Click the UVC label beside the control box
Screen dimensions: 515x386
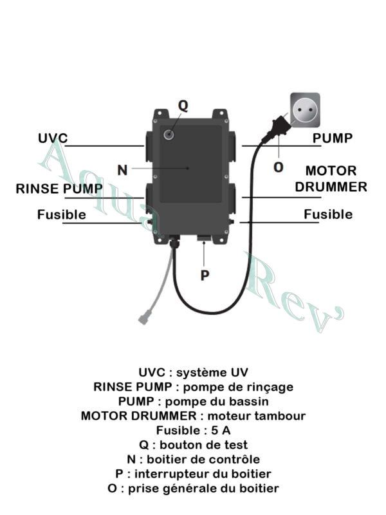(53, 138)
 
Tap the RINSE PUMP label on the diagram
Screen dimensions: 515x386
(59, 189)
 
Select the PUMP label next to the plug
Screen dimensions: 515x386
(333, 138)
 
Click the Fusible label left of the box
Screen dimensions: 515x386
(61, 214)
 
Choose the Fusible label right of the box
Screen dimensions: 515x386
(328, 214)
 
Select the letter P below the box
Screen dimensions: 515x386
(205, 274)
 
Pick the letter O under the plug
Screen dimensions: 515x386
(279, 167)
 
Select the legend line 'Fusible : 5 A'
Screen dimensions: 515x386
(193, 430)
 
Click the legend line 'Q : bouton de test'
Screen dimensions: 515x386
(193, 445)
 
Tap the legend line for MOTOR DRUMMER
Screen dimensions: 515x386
(193, 416)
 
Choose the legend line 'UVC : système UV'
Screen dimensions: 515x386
(193, 373)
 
